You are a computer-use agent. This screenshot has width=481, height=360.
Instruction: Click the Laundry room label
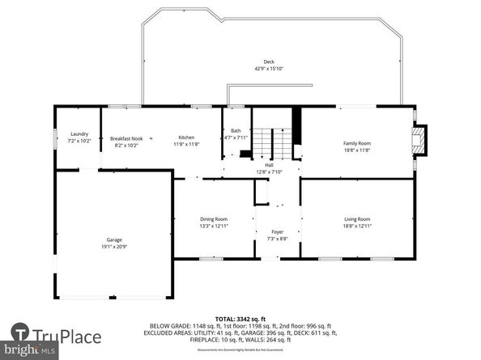(x=79, y=134)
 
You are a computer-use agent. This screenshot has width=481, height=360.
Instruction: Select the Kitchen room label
(x=187, y=138)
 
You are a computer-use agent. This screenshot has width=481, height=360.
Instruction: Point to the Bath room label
(x=236, y=131)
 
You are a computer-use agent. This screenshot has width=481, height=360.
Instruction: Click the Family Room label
(x=357, y=143)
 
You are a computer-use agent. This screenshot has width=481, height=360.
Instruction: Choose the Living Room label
(x=357, y=219)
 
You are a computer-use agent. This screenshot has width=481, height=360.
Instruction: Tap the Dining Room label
(x=214, y=219)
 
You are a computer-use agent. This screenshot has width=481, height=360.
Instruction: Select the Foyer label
(x=276, y=231)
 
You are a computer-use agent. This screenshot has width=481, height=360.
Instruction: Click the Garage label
(x=114, y=239)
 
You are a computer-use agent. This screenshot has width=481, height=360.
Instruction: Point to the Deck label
(x=268, y=62)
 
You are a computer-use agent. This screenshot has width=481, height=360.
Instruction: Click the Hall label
(x=268, y=164)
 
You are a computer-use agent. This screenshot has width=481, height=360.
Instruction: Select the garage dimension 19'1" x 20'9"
(x=114, y=246)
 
